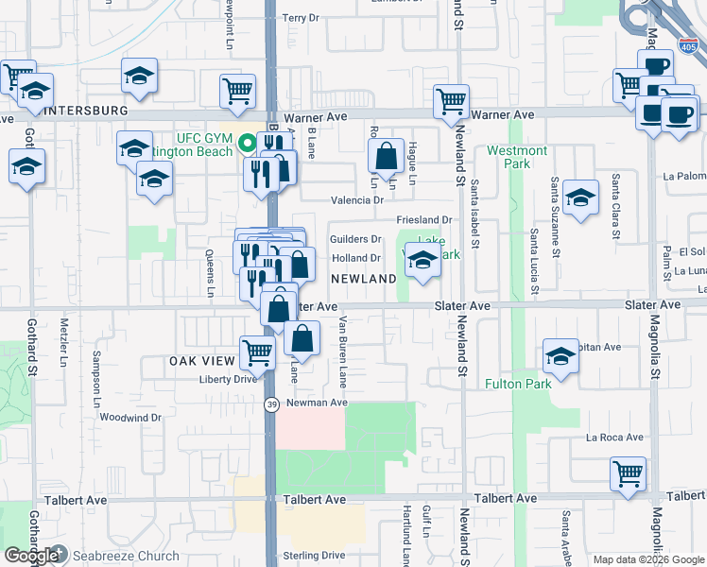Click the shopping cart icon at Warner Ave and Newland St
tap(452, 101)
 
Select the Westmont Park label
tap(517, 157)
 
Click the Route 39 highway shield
tap(270, 404)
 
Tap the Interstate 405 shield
tap(687, 46)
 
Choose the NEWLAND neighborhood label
tap(364, 279)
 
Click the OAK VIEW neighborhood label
tap(201, 361)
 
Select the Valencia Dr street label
tap(356, 200)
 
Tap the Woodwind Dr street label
tap(130, 417)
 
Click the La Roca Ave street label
tap(614, 438)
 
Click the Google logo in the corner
tap(31, 556)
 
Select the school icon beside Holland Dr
tap(422, 260)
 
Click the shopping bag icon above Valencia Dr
tap(387, 157)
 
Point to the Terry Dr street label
tap(302, 18)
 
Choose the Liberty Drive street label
tap(227, 379)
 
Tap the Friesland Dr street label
tap(425, 220)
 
